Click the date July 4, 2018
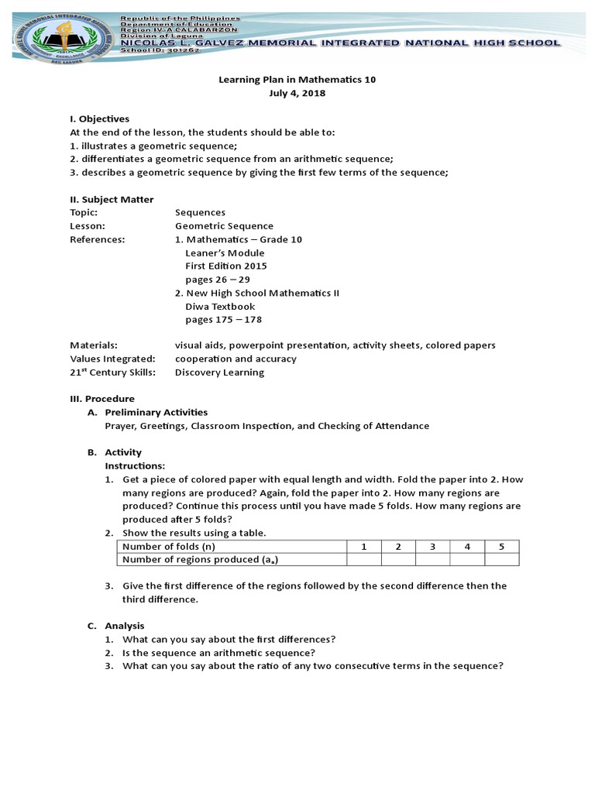(297, 93)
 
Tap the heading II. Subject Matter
(112, 200)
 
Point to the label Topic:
(84, 213)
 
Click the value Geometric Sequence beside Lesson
(224, 226)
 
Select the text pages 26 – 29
(217, 280)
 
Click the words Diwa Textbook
(220, 307)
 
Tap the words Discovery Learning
(219, 372)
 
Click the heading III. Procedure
(101, 399)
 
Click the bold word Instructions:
(135, 466)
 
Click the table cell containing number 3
(432, 547)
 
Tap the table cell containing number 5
(501, 547)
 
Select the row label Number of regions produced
(200, 560)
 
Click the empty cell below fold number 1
(363, 560)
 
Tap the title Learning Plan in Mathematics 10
(297, 80)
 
